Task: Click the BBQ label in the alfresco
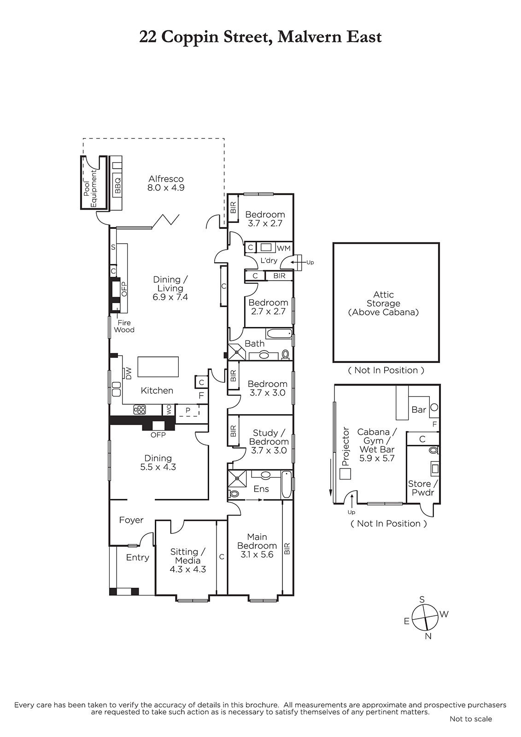point(118,185)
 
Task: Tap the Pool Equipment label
point(90,188)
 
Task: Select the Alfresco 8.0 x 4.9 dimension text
point(166,187)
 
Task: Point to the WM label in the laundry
point(284,248)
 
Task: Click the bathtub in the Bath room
point(280,333)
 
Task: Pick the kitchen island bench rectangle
point(158,367)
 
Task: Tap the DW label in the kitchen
point(129,374)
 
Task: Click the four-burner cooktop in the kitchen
point(140,409)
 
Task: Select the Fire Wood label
point(124,326)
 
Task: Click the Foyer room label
point(131,520)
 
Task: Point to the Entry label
point(138,557)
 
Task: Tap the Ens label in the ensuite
point(261,489)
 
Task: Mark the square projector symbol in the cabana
point(345,474)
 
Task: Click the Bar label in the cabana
point(419,409)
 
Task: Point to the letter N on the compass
point(428,636)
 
